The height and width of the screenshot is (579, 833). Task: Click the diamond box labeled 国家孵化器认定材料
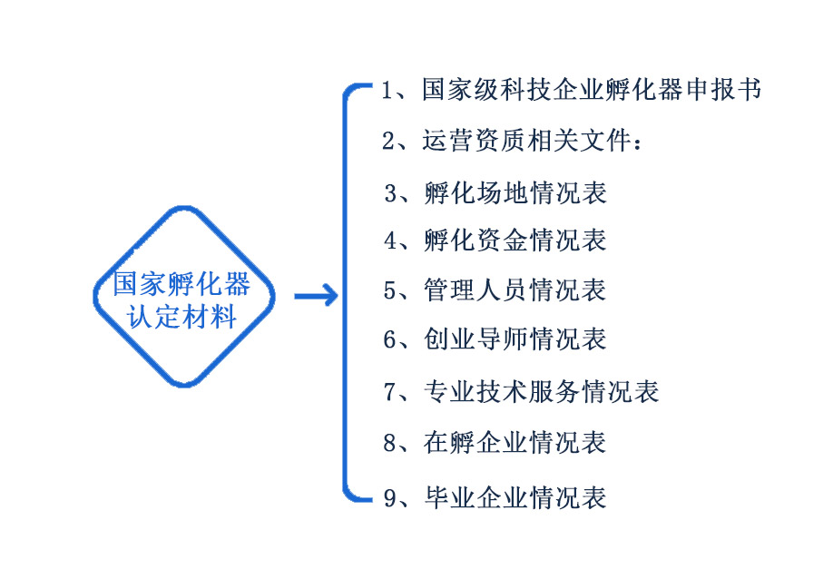[183, 296]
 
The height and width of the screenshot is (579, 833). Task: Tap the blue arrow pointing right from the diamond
[316, 296]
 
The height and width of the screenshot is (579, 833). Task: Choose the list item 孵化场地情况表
[514, 193]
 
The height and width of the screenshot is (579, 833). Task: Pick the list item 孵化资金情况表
[514, 240]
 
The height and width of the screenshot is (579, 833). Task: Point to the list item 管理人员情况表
[514, 290]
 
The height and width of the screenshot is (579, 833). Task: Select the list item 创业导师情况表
[514, 339]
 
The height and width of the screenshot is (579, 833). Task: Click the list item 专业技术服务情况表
[541, 391]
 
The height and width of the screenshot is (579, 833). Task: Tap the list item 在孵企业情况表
[514, 443]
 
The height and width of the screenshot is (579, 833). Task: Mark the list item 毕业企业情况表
[514, 497]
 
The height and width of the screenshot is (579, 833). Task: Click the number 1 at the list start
[387, 91]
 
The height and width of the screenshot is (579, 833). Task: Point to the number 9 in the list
[390, 498]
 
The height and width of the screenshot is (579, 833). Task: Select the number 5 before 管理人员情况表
[390, 291]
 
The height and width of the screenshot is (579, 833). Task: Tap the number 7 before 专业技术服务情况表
[390, 392]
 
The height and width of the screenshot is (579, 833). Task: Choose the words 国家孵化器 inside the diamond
[183, 284]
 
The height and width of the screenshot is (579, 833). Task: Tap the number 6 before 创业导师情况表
[390, 340]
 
